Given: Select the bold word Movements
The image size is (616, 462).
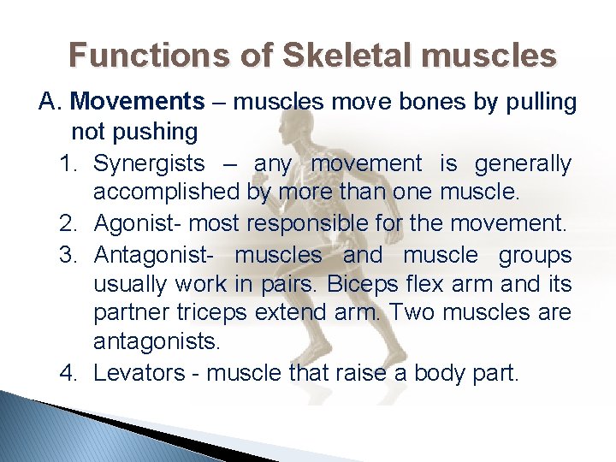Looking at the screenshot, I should (138, 102).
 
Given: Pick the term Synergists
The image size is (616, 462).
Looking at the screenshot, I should (149, 163).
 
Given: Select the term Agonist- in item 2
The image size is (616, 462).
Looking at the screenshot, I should (138, 224).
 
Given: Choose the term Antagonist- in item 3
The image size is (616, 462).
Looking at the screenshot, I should (155, 255).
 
